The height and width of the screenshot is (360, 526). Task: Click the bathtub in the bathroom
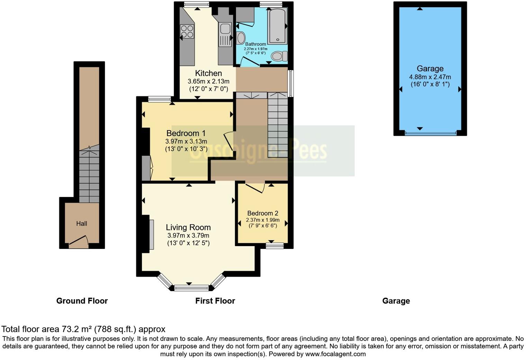[x=277, y=26]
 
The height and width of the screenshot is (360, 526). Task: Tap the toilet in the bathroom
[x=279, y=56]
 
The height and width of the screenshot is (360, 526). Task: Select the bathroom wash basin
[x=241, y=37]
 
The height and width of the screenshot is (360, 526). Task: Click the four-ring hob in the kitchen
[x=187, y=31]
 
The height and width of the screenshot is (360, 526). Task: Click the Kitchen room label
[x=208, y=73]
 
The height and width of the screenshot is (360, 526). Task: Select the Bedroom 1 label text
[x=186, y=133]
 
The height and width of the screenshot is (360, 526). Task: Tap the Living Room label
[x=188, y=227]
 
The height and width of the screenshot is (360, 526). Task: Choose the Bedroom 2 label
[x=263, y=213]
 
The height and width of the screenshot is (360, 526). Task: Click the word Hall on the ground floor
[x=82, y=224]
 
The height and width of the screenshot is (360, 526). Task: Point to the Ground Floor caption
[x=82, y=301]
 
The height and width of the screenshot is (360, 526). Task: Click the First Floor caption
[x=215, y=301]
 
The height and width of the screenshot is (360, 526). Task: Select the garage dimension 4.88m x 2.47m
[x=430, y=77]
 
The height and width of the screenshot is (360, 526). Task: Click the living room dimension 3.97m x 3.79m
[x=188, y=235]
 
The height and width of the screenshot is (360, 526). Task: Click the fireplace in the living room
[x=151, y=234]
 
